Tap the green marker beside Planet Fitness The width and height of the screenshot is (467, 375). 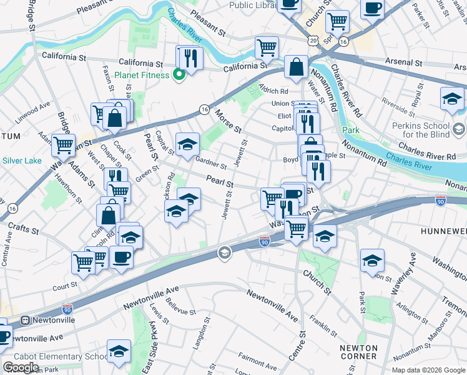click(179, 76)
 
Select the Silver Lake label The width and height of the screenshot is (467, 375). click(21, 161)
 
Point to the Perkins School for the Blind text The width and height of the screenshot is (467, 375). click(433, 130)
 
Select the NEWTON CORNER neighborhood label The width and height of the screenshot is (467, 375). click(358, 352)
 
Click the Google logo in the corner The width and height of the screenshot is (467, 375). click(21, 367)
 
